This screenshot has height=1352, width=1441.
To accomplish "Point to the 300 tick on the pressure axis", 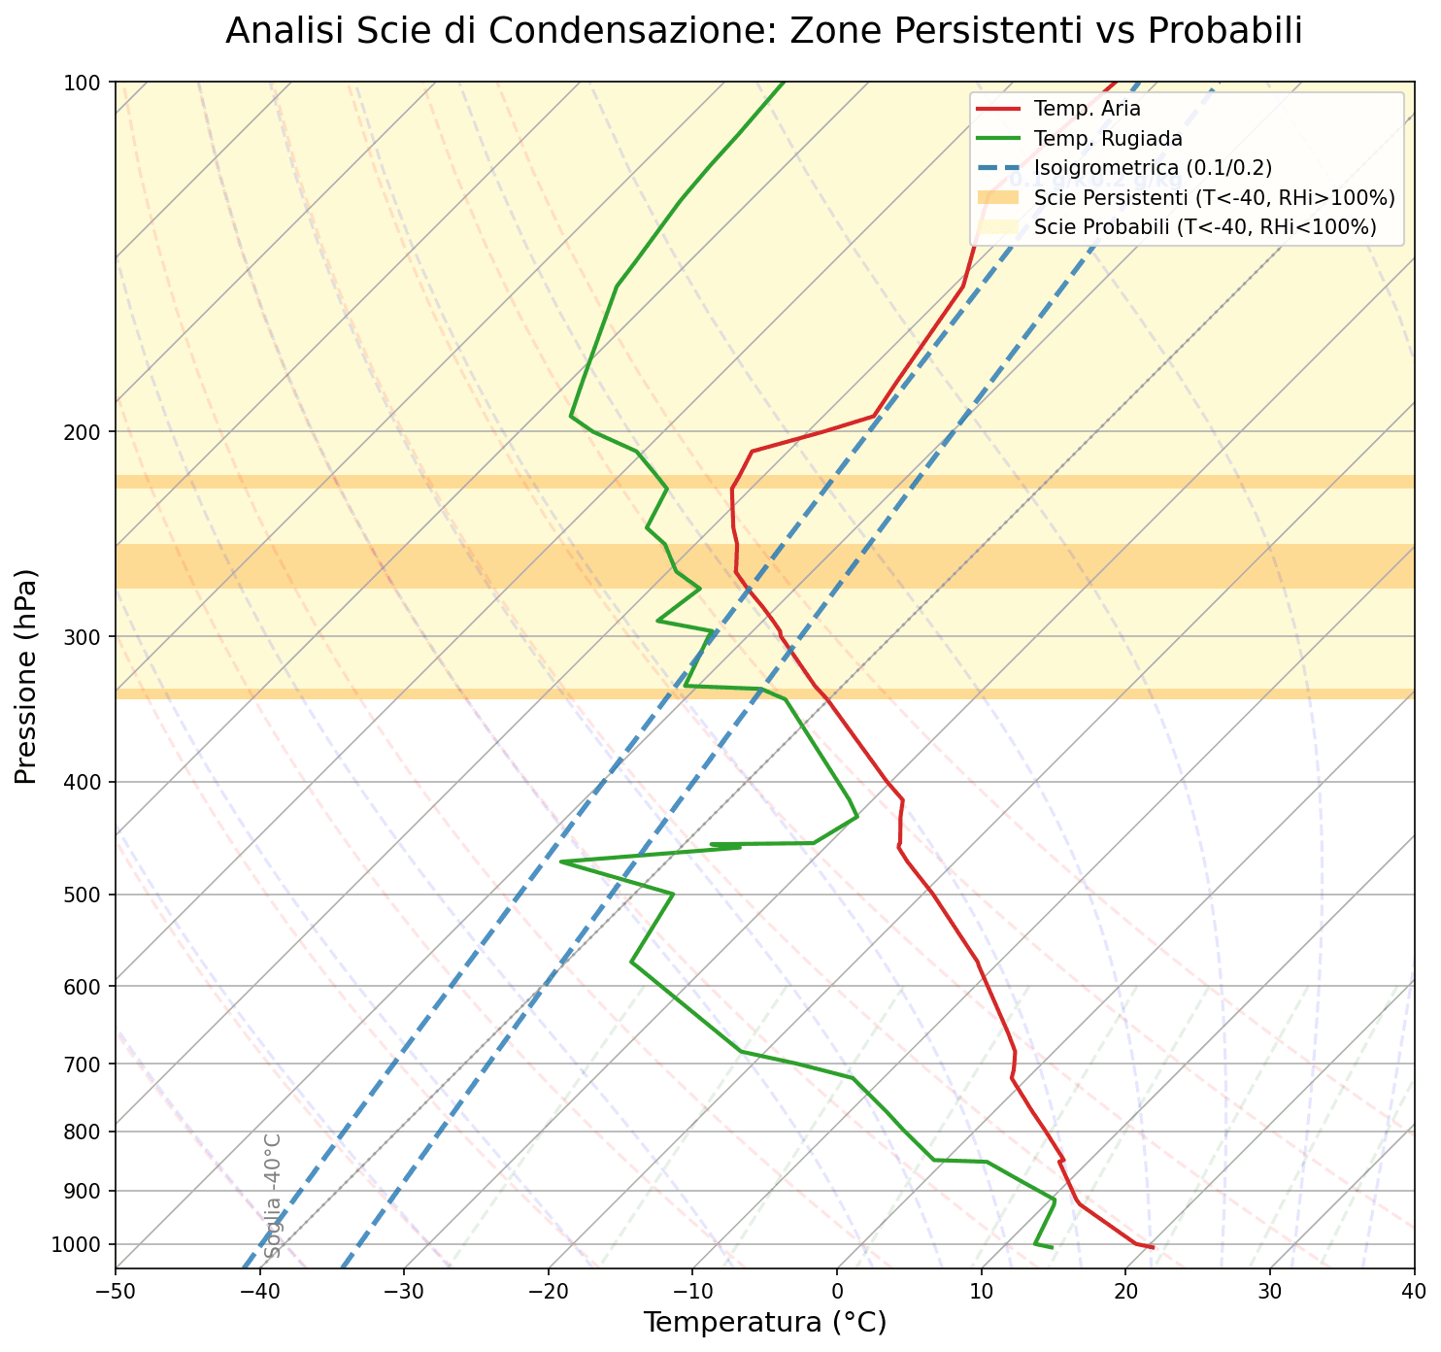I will click(x=88, y=637).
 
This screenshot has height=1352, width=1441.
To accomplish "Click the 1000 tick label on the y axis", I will click(x=82, y=1244).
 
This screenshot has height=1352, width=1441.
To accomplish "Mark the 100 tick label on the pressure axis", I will click(x=88, y=83).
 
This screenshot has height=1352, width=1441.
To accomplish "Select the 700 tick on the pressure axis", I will click(x=88, y=1065).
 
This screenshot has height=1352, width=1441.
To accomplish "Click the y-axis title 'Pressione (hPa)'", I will click(x=28, y=676).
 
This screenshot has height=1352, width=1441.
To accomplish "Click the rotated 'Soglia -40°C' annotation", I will click(x=273, y=1195).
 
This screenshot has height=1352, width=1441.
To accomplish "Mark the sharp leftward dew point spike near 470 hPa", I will click(x=561, y=862).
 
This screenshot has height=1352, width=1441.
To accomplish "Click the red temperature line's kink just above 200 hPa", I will click(x=875, y=416).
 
